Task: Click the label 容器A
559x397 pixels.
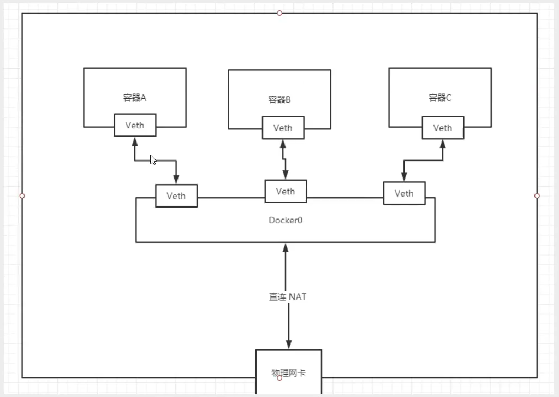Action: coord(134,98)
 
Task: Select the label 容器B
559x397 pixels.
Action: coord(279,100)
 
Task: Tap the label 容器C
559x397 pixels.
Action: coord(440,98)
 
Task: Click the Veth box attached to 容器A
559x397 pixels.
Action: coord(135,125)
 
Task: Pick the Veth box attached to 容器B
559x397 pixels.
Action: coord(283,128)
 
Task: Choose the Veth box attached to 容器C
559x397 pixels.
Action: coord(443,128)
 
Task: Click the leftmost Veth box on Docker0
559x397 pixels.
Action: coord(176,195)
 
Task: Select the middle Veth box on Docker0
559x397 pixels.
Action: coord(286,191)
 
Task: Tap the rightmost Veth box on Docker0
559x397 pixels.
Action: coord(404,193)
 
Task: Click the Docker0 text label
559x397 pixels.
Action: coord(285,221)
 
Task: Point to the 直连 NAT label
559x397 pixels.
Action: coord(288,297)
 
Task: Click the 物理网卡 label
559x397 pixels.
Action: coord(289,372)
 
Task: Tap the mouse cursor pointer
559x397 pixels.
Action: coord(153,159)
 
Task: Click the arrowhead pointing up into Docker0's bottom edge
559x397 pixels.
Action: coord(286,248)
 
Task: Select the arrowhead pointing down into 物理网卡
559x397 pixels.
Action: coord(288,344)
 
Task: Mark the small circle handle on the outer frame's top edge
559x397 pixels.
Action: coord(279,13)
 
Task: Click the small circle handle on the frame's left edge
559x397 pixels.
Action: coord(22,195)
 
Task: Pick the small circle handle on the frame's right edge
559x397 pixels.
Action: coord(537,195)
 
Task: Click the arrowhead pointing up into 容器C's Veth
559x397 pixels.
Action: coord(442,144)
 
